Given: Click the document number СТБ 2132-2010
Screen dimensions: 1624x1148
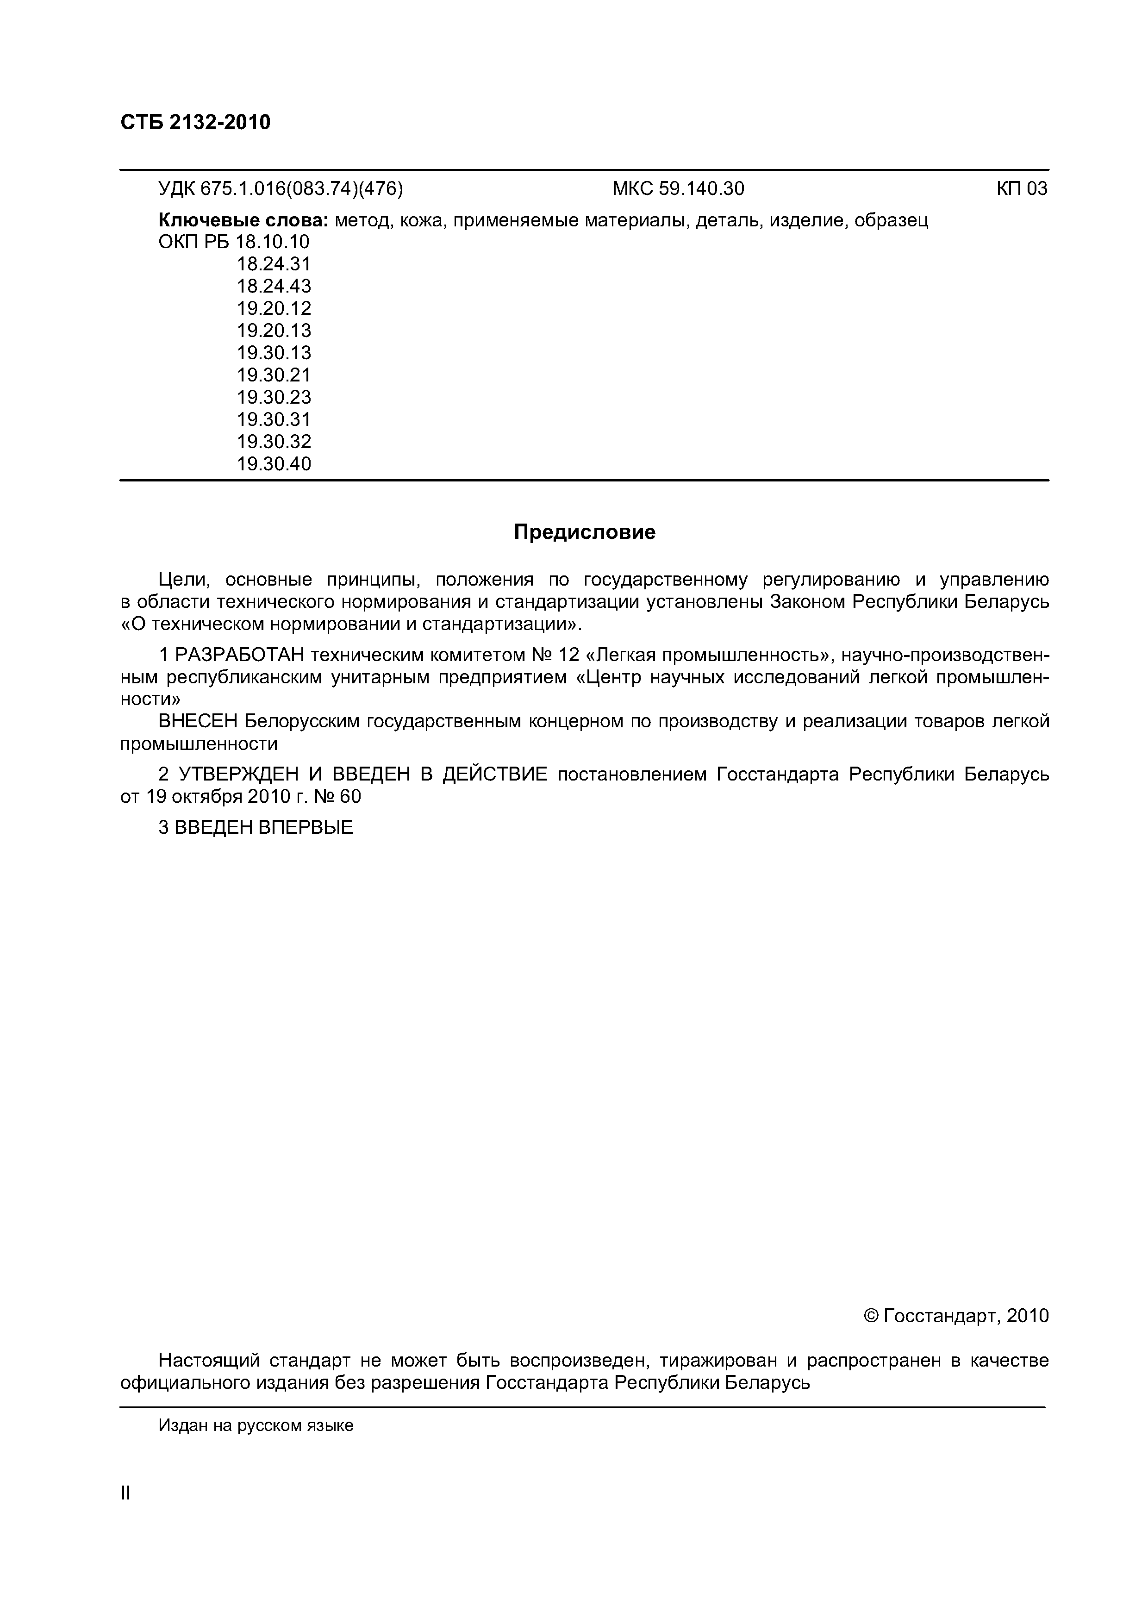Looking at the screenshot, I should [x=195, y=122].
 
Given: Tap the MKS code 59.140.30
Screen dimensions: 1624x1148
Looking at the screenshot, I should [x=701, y=189].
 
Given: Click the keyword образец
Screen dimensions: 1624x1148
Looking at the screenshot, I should [x=891, y=221].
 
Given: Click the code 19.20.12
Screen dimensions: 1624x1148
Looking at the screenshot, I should [x=274, y=308].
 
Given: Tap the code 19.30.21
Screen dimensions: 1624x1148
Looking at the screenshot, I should [x=274, y=375].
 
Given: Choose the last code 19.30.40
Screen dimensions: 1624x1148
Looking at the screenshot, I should [x=274, y=464].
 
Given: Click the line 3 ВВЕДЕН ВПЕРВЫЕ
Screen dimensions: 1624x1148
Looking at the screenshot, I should [x=256, y=828].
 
